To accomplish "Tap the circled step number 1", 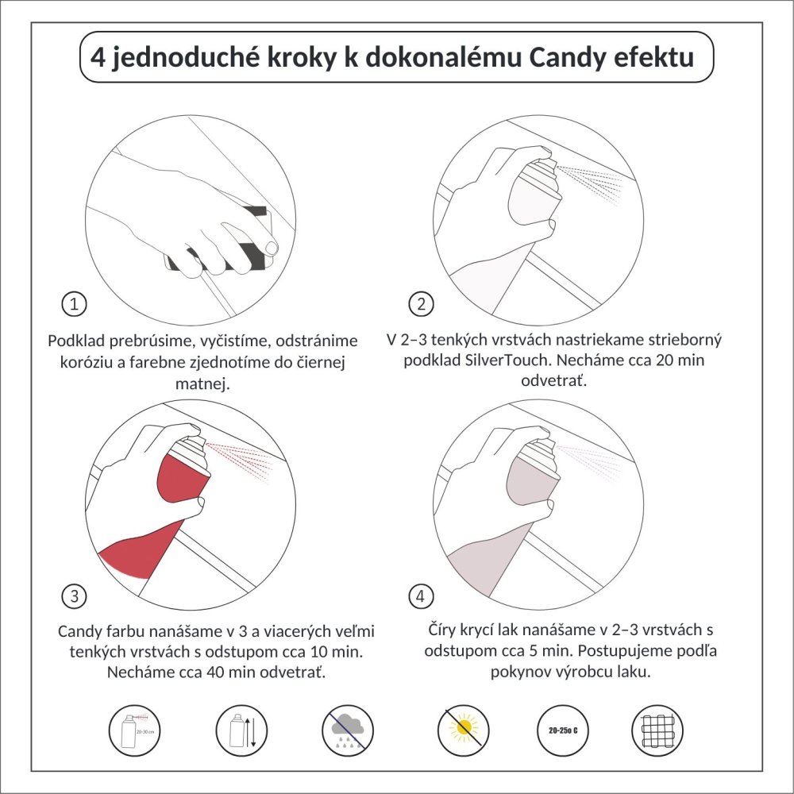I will (74, 303).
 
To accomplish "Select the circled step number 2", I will (421, 303).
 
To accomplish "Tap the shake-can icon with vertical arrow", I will (241, 729).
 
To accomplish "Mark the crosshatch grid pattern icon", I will (657, 729).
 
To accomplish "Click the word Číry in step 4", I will (445, 630).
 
